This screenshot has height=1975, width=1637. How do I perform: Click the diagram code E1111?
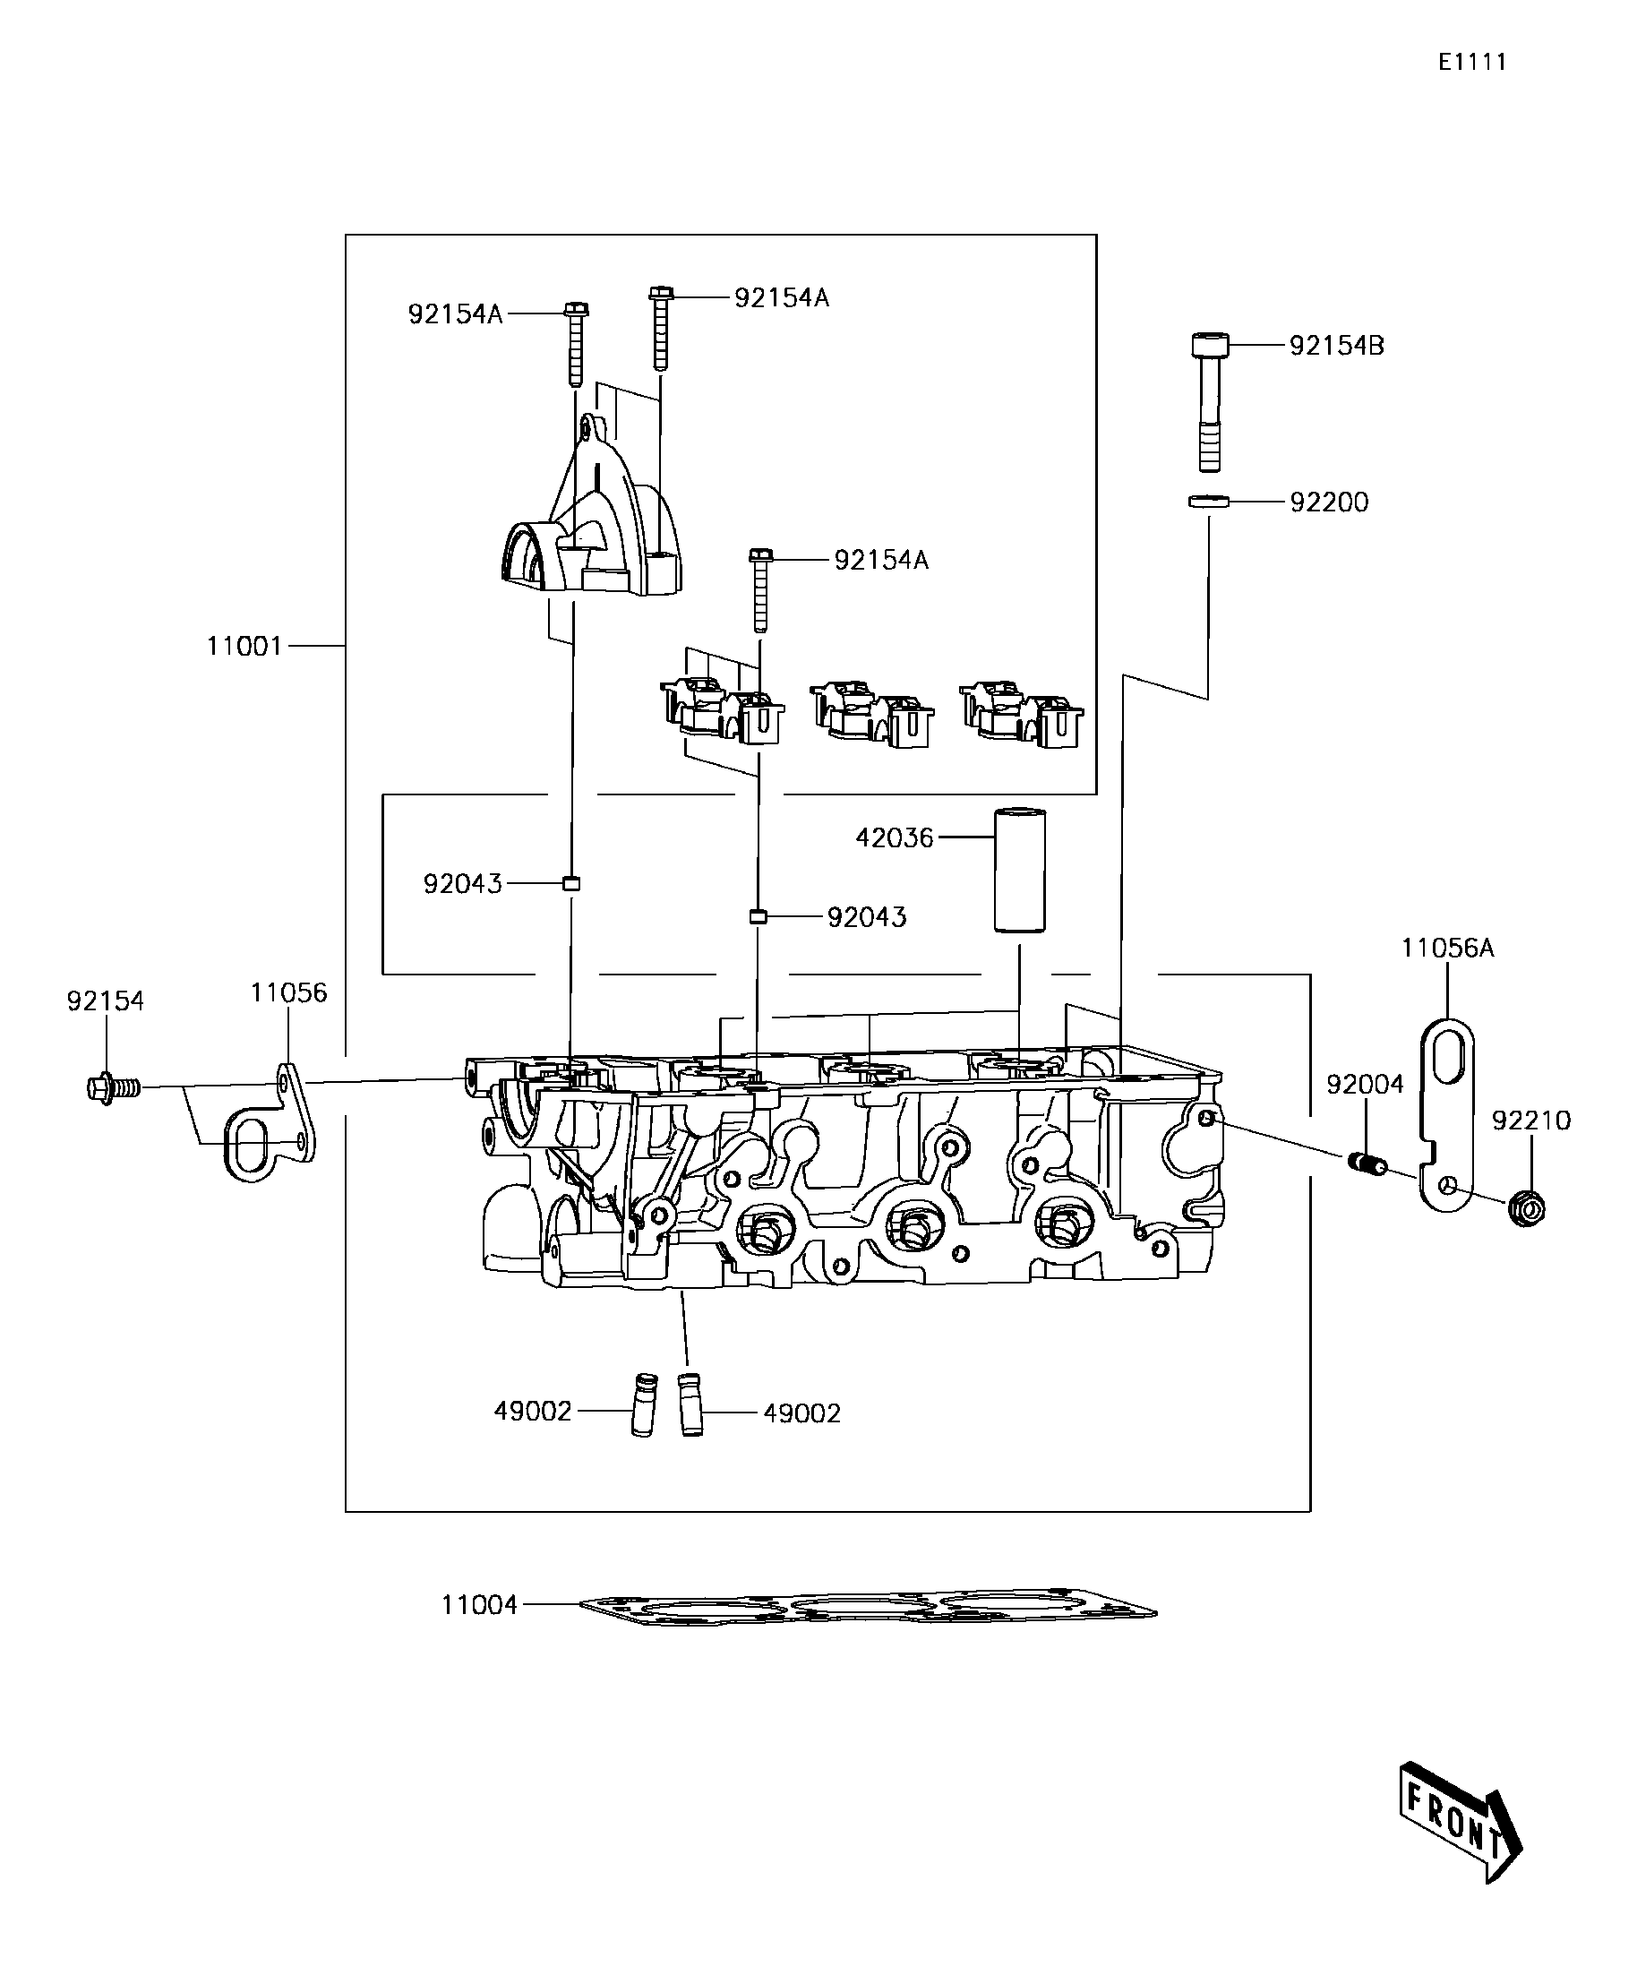click(1472, 62)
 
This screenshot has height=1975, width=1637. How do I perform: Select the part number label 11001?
click(244, 646)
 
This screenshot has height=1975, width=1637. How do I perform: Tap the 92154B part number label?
click(1336, 346)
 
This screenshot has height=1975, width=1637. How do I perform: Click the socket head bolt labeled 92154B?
click(1209, 402)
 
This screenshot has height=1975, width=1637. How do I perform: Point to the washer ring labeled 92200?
click(1209, 502)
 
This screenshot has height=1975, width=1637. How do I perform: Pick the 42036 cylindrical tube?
click(1020, 870)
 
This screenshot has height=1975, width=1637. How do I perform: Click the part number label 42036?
click(895, 838)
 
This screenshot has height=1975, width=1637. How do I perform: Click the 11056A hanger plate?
click(1445, 1115)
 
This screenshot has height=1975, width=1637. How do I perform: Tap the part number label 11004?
click(479, 1605)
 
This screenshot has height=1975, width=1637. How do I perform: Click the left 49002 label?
click(533, 1437)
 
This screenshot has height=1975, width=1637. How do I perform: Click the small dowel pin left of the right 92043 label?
click(759, 917)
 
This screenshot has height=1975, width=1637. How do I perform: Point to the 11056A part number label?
click(1447, 948)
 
